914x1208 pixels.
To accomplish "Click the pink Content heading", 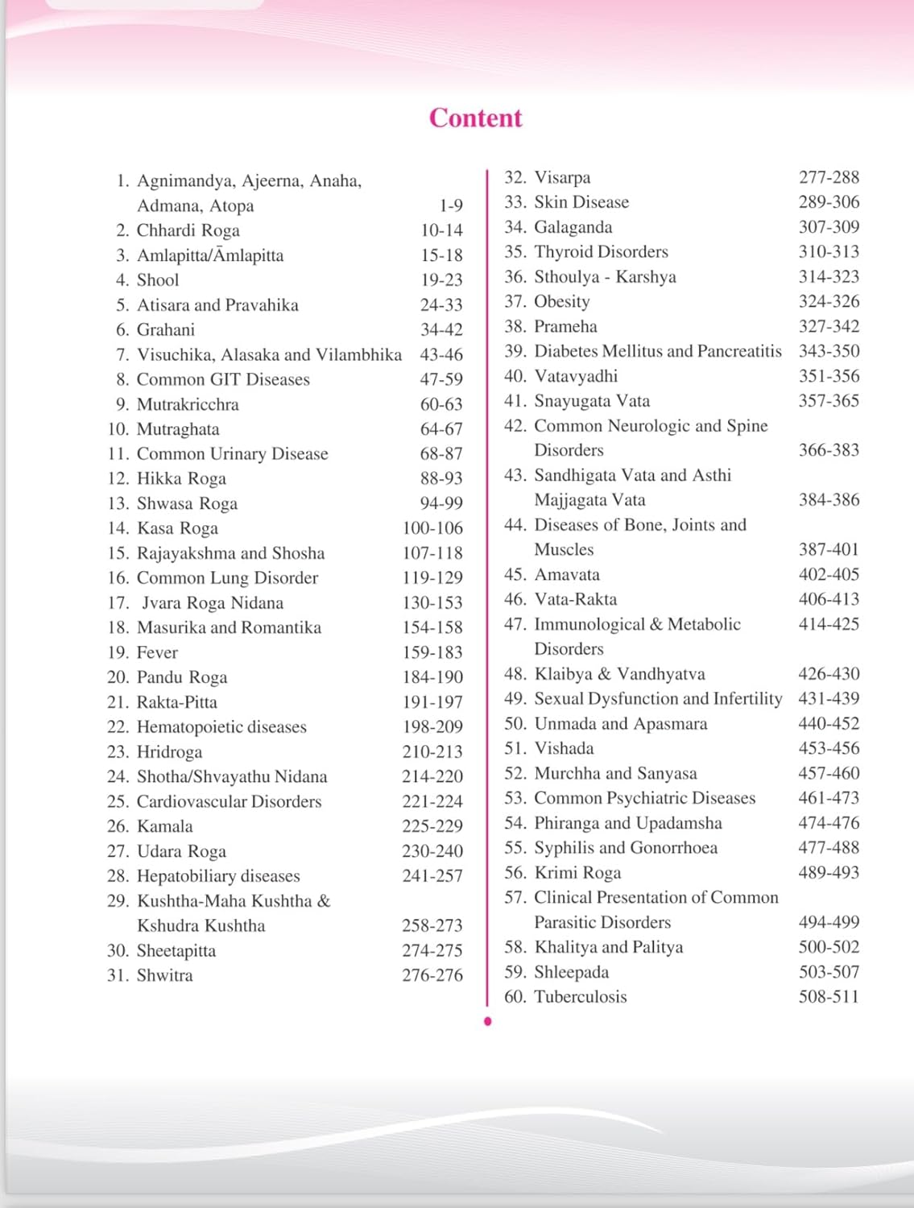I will (x=475, y=118).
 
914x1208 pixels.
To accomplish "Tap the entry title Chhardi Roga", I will (x=188, y=230).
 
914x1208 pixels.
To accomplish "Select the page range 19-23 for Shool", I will (x=441, y=280).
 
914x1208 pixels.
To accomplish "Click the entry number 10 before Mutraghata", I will (x=118, y=429).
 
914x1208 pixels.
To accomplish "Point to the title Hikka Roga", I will (x=181, y=478).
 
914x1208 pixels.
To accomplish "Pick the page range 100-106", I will (x=432, y=528).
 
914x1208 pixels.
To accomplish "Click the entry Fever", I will (x=157, y=652).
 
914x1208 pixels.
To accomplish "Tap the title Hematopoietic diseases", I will (x=221, y=727).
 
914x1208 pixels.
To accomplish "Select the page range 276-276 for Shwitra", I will (x=432, y=975).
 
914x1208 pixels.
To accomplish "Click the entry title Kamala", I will (x=164, y=826).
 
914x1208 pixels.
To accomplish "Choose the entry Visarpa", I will (x=562, y=177).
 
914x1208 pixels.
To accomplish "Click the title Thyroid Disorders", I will (x=601, y=252).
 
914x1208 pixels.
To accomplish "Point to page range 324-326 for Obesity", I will (x=829, y=301).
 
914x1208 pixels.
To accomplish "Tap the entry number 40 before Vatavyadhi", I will (x=515, y=376).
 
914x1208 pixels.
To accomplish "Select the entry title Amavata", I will (x=567, y=575).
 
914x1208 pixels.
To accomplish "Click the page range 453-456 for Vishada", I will (x=829, y=748).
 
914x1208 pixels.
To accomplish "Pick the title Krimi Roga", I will (x=577, y=873).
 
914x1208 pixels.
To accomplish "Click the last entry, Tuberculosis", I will (x=580, y=997).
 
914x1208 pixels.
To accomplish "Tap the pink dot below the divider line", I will (x=487, y=1022).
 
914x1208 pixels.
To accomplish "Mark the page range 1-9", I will (x=450, y=206).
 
